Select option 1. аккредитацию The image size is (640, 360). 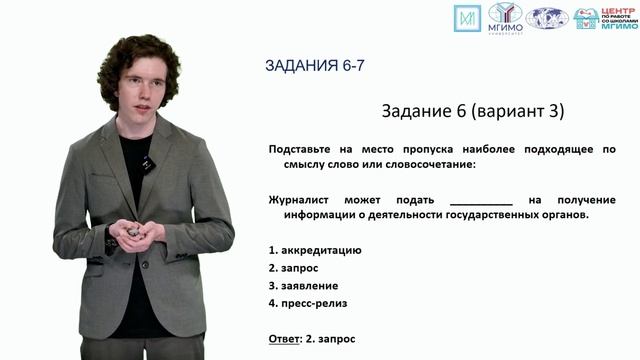coord(315,249)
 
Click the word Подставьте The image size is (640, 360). coord(302,149)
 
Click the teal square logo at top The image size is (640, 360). coord(467,18)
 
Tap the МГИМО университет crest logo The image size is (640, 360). coord(505,17)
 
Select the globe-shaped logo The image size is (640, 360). coord(548,18)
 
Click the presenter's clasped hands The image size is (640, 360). coord(133,231)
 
